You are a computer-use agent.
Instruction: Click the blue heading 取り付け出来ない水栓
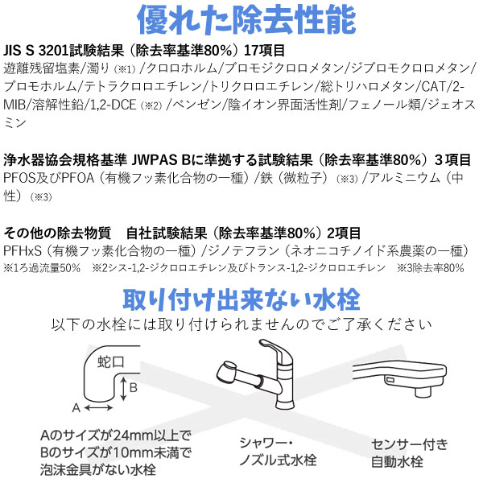[242, 299]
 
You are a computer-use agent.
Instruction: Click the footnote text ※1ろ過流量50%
[42, 267]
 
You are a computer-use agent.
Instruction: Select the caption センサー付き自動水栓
[409, 453]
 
